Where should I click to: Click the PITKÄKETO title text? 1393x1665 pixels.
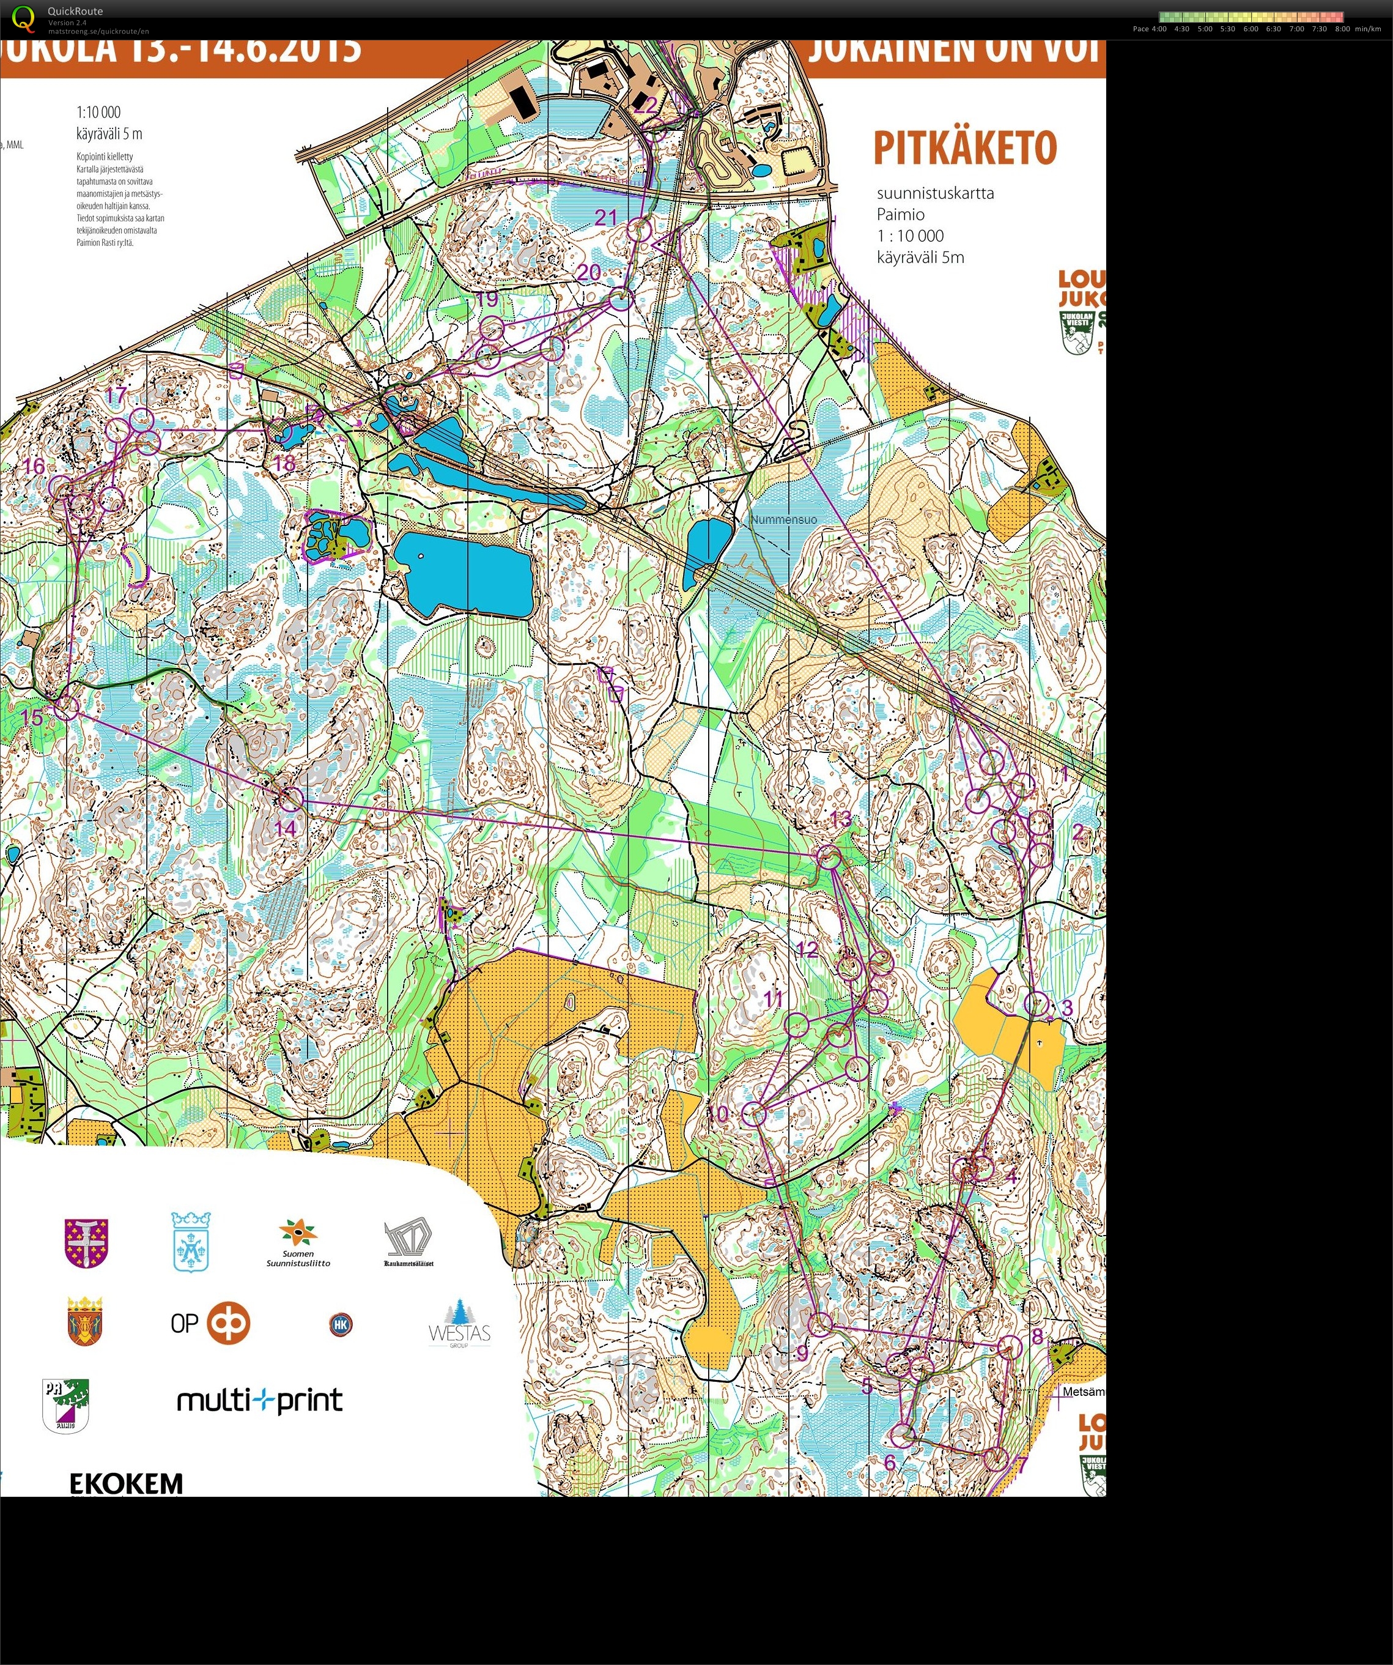965,148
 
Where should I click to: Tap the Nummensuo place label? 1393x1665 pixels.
783,519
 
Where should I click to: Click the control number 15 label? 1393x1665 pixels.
32,718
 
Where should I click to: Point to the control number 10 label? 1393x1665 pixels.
717,1113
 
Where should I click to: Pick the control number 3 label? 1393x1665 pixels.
1066,1007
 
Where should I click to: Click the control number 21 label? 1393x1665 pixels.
606,217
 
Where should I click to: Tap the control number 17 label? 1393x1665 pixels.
116,396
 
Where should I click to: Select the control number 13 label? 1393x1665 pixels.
840,819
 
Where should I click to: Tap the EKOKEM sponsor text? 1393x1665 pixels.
126,1482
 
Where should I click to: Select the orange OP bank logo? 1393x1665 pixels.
228,1322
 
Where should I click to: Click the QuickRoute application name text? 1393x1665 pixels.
75,11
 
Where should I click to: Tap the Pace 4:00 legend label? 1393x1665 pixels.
1149,29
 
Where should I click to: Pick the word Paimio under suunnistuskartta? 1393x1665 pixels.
900,214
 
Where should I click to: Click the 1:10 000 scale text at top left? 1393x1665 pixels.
98,112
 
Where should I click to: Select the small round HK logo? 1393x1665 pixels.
340,1324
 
